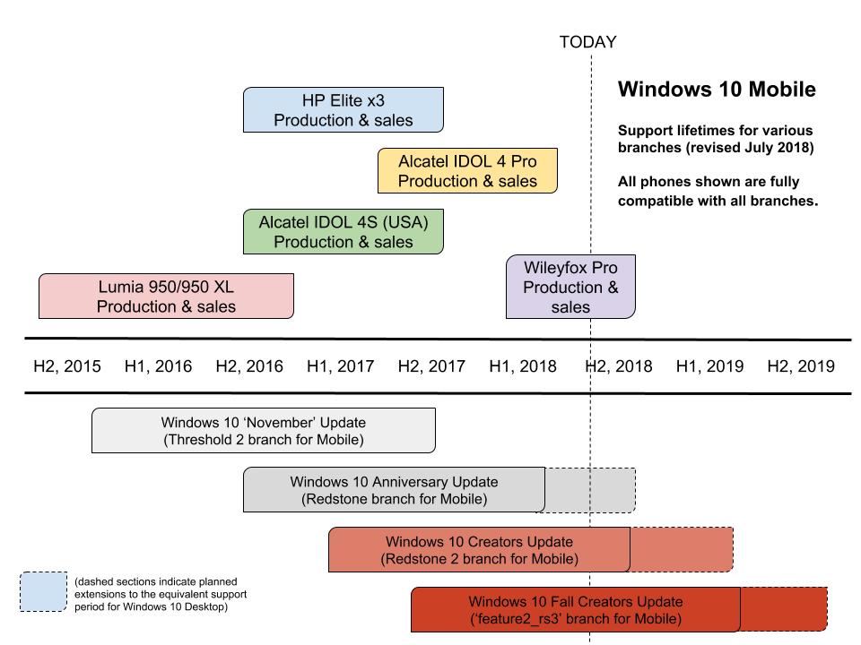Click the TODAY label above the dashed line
coord(587,42)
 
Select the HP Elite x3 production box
coord(344,109)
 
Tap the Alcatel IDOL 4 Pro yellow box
coord(467,170)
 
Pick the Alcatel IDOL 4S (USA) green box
coord(344,231)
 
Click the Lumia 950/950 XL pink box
coord(167,297)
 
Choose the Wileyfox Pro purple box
coord(570,287)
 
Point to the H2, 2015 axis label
coord(67,365)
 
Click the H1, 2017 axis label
coord(341,365)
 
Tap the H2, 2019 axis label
coord(801,365)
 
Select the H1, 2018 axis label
coord(523,365)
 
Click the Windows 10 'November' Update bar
coord(264,431)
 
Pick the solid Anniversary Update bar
coord(395,490)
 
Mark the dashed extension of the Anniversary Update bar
coord(590,490)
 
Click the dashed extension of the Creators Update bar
coord(682,549)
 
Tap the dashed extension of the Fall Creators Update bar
coord(784,609)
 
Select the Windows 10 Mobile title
coord(717,90)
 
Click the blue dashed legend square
coord(43,592)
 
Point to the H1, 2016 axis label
coord(158,365)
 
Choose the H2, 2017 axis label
coord(431,365)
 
